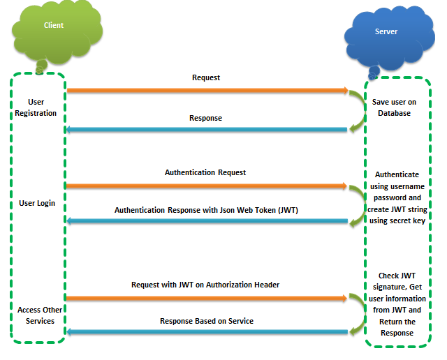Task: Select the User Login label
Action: pyautogui.click(x=37, y=203)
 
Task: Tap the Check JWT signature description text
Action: pyautogui.click(x=400, y=304)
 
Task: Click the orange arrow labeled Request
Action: pyautogui.click(x=207, y=90)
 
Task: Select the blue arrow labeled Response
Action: pyautogui.click(x=207, y=130)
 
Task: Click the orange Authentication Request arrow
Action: pyautogui.click(x=207, y=186)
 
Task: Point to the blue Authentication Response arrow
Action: pyautogui.click(x=207, y=222)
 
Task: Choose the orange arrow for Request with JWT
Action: pyautogui.click(x=207, y=298)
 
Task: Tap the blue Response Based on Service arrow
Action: pyautogui.click(x=207, y=332)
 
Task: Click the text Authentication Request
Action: pyautogui.click(x=205, y=172)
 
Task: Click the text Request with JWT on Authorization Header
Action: pyautogui.click(x=205, y=285)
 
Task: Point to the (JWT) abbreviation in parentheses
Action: pyautogui.click(x=285, y=209)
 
